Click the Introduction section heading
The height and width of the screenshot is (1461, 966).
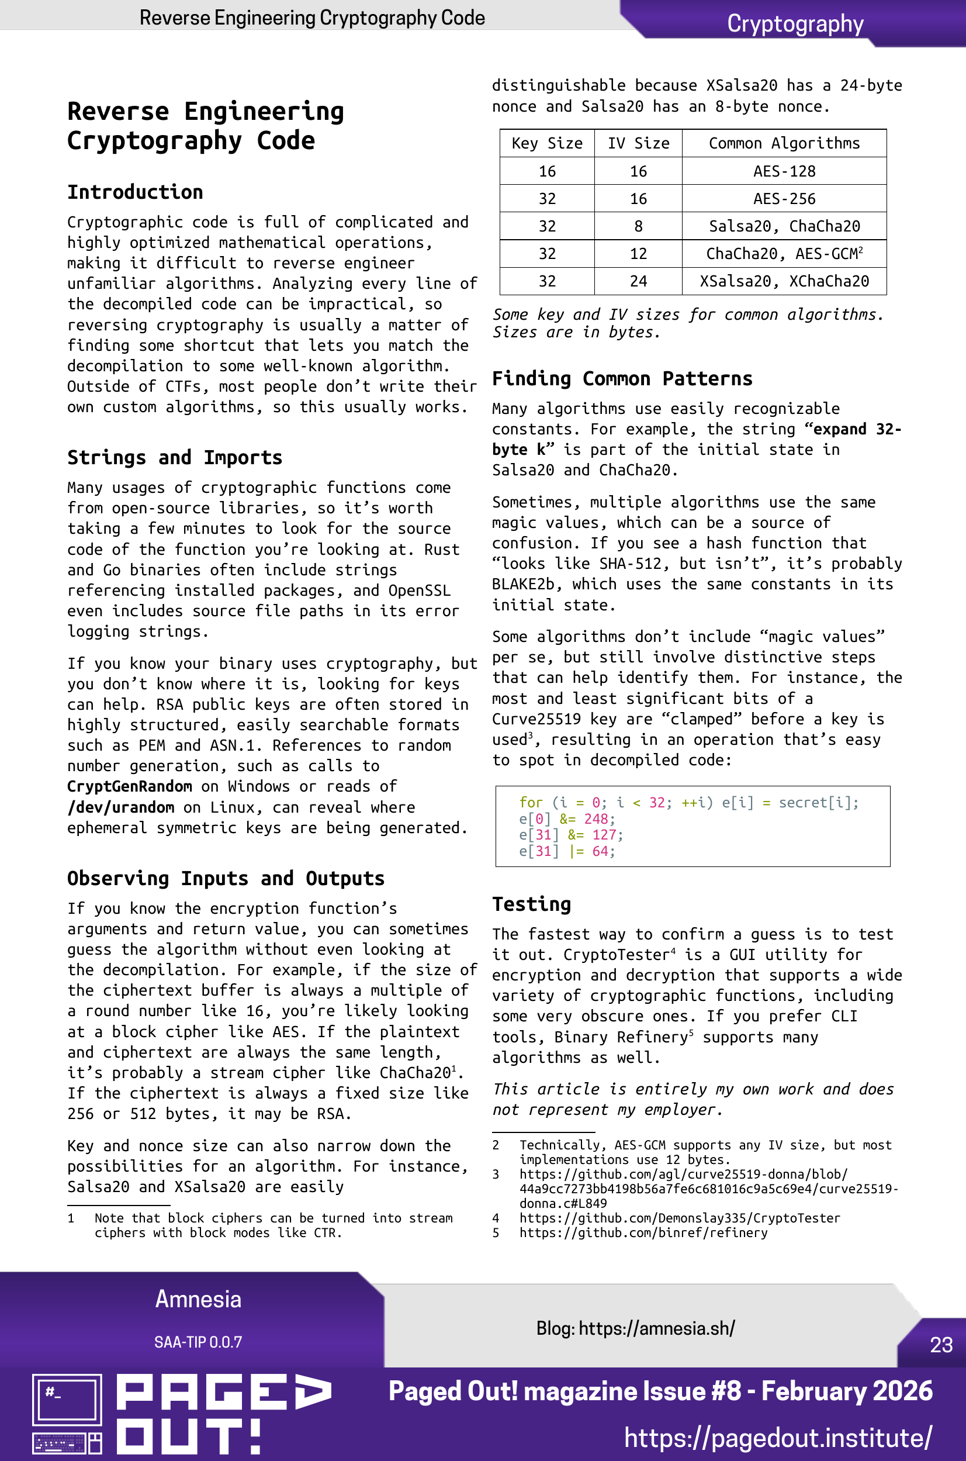tap(135, 192)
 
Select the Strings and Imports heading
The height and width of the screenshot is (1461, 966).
tap(174, 458)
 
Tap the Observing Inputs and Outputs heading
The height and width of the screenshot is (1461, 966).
tap(226, 879)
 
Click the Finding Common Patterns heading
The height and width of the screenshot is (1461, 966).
tap(622, 378)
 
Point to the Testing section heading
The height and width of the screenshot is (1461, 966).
tap(531, 904)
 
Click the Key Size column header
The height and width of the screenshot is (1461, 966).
tap(546, 144)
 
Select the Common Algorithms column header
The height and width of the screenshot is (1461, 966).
tap(784, 144)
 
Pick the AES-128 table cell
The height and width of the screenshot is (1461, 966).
tap(784, 171)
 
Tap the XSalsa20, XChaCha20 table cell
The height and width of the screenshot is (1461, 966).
tap(784, 282)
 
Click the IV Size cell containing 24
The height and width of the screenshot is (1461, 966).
tap(638, 282)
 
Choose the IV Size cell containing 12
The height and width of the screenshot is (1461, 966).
tap(638, 254)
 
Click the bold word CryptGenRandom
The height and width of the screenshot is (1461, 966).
tap(129, 787)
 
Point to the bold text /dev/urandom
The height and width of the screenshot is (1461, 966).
tap(121, 807)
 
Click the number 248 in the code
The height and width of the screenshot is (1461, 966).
tap(595, 819)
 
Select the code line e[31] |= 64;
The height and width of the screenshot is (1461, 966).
tap(567, 852)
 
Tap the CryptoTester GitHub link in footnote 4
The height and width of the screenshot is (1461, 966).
tap(679, 1218)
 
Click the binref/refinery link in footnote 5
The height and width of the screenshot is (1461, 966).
tap(643, 1233)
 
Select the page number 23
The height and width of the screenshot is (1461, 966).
tap(941, 1345)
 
